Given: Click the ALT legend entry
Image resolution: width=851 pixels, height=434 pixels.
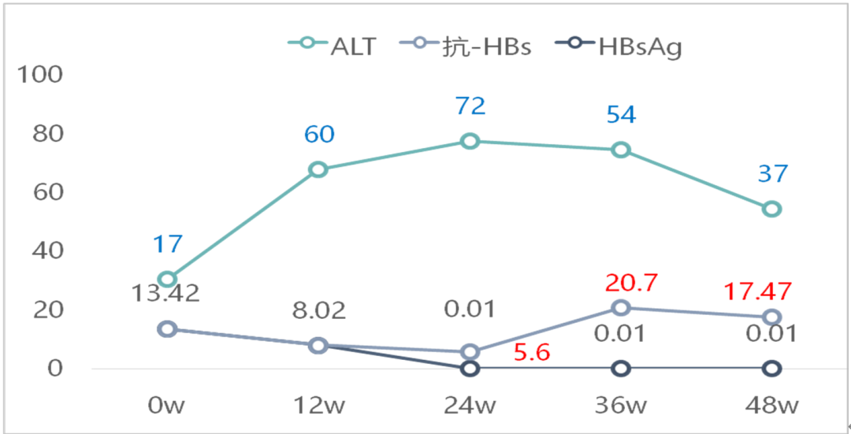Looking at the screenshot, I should click(x=332, y=46).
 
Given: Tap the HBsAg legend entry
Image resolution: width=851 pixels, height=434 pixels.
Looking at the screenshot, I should click(x=619, y=46).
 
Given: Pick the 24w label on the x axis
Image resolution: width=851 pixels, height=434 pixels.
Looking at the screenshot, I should click(x=470, y=406).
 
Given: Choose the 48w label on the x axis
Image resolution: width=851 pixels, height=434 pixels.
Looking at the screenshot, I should click(x=771, y=406).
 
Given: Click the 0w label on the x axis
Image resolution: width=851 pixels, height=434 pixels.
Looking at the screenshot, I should click(x=167, y=406).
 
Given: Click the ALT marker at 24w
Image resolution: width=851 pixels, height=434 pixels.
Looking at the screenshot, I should click(x=470, y=141).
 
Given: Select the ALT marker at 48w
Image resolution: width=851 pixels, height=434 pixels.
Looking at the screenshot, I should click(x=771, y=209).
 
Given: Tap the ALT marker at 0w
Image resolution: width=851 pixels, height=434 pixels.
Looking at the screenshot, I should click(x=167, y=280).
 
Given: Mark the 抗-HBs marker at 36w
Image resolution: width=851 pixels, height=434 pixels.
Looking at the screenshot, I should click(x=621, y=308).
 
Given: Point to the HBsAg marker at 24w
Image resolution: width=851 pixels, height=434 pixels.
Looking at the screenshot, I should click(x=470, y=368).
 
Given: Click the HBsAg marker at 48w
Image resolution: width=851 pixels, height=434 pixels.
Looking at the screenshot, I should click(x=771, y=368).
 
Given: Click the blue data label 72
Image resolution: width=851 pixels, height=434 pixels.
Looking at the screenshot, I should click(x=470, y=106).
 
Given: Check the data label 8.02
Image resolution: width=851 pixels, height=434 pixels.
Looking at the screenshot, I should click(x=319, y=310).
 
